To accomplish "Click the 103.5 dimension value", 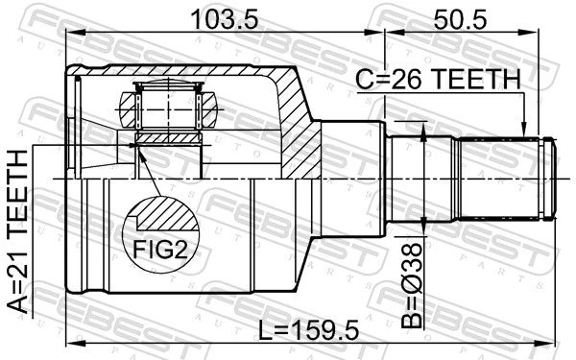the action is click(225, 20).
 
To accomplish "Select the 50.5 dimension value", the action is click(460, 20).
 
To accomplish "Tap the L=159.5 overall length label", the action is click(308, 330).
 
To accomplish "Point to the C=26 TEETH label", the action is click(439, 80).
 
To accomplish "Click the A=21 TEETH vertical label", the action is click(17, 231).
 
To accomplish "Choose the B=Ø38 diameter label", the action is click(412, 285).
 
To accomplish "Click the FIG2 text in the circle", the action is click(160, 250).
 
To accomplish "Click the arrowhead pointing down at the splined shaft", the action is click(524, 130).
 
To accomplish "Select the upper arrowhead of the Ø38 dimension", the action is click(422, 132).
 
